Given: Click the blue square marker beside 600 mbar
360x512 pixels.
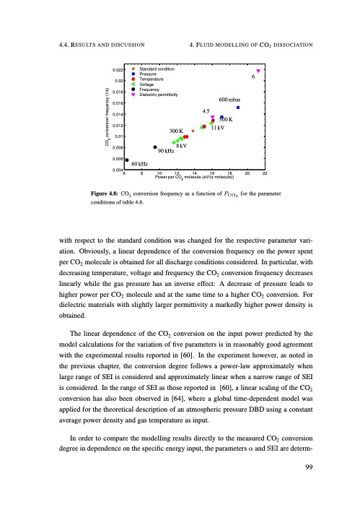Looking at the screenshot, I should click(x=238, y=108).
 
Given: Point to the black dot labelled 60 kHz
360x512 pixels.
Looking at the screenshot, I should click(x=127, y=160).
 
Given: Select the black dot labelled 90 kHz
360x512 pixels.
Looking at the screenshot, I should click(x=155, y=147).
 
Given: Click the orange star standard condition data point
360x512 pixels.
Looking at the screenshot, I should click(x=193, y=131).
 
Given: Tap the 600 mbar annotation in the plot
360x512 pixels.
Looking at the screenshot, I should click(x=232, y=100).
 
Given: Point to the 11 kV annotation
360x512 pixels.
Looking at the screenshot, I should click(x=212, y=128).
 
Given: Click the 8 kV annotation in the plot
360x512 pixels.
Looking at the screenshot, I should click(x=182, y=146).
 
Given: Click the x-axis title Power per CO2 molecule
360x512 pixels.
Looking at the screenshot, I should click(x=194, y=180).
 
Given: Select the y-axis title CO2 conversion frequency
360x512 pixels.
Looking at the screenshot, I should click(x=107, y=118).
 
